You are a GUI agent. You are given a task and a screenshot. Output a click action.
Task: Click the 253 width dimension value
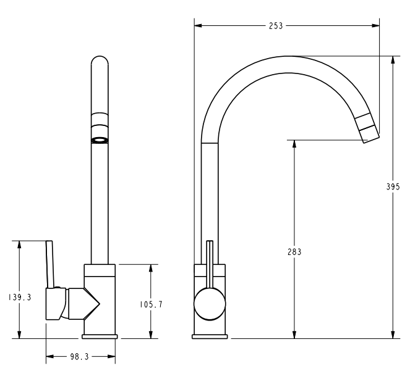276,26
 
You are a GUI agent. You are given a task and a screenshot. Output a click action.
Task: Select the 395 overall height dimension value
393,186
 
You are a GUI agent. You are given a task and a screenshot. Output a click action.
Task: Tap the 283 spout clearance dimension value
294,252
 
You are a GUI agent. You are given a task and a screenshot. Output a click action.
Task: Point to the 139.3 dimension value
20,297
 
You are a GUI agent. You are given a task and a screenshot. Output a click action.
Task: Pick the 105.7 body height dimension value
151,304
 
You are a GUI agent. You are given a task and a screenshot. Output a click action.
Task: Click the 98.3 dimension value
80,357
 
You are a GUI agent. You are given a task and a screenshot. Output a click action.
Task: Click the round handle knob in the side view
210,304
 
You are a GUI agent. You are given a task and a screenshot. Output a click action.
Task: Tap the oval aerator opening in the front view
100,141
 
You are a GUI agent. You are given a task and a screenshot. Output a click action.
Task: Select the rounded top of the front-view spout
100,59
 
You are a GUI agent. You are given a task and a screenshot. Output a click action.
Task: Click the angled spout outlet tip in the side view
367,128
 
